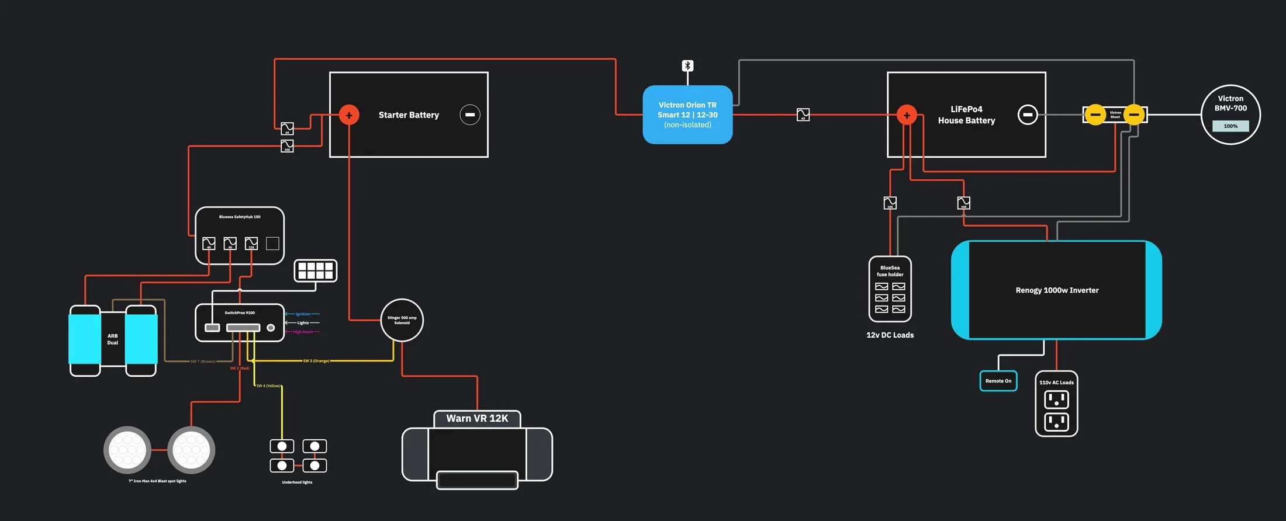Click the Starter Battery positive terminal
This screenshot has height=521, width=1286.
[x=349, y=115]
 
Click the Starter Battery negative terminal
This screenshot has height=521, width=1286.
[x=470, y=114]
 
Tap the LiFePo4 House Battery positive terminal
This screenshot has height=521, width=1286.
[x=907, y=115]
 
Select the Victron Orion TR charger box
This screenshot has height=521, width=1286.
[x=687, y=114]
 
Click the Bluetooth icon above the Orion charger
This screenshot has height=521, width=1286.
[x=687, y=65]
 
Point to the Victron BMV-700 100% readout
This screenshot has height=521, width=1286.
[x=1230, y=126]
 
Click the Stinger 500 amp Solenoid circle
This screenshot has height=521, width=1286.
[x=402, y=320]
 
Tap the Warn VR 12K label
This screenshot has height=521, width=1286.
[x=477, y=418]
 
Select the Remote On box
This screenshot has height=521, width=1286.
[x=998, y=381]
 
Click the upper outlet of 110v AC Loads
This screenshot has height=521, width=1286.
[x=1056, y=400]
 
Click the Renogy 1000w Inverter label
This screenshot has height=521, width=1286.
[x=1057, y=290]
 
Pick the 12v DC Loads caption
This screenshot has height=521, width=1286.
[x=890, y=335]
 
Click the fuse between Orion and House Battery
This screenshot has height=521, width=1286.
[x=803, y=114]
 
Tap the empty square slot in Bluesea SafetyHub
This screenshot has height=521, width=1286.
[x=272, y=243]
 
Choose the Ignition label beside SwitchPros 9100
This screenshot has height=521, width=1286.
[x=303, y=314]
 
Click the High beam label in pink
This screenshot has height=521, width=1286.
[x=303, y=332]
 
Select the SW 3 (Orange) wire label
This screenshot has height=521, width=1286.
[x=316, y=361]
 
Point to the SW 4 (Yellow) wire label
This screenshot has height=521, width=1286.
[x=268, y=386]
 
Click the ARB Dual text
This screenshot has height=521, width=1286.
[x=113, y=339]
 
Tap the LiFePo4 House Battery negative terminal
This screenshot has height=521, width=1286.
[x=1028, y=114]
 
